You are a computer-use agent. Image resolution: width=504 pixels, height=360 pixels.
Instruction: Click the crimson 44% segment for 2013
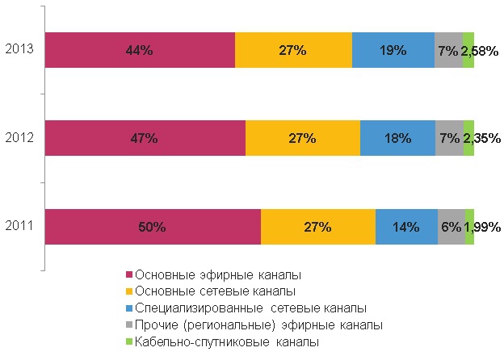140,50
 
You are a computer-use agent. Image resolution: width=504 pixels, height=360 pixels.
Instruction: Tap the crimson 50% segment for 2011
153,227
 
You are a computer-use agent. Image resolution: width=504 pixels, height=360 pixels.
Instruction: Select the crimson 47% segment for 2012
145,138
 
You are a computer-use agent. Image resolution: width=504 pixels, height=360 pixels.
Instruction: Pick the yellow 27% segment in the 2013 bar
293,50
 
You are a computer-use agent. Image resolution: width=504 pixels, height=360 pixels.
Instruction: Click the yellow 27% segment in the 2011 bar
318,227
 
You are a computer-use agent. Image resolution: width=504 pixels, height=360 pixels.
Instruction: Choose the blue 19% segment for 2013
393,50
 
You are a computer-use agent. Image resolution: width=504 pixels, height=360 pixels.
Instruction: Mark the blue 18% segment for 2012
397,138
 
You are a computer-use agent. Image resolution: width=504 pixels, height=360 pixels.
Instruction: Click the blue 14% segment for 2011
406,227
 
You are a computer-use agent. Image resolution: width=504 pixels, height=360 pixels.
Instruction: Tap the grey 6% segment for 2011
451,227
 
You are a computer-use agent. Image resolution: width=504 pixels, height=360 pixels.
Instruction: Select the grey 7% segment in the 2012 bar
449,138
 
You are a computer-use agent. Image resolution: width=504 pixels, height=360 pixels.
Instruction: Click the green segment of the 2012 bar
468,138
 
